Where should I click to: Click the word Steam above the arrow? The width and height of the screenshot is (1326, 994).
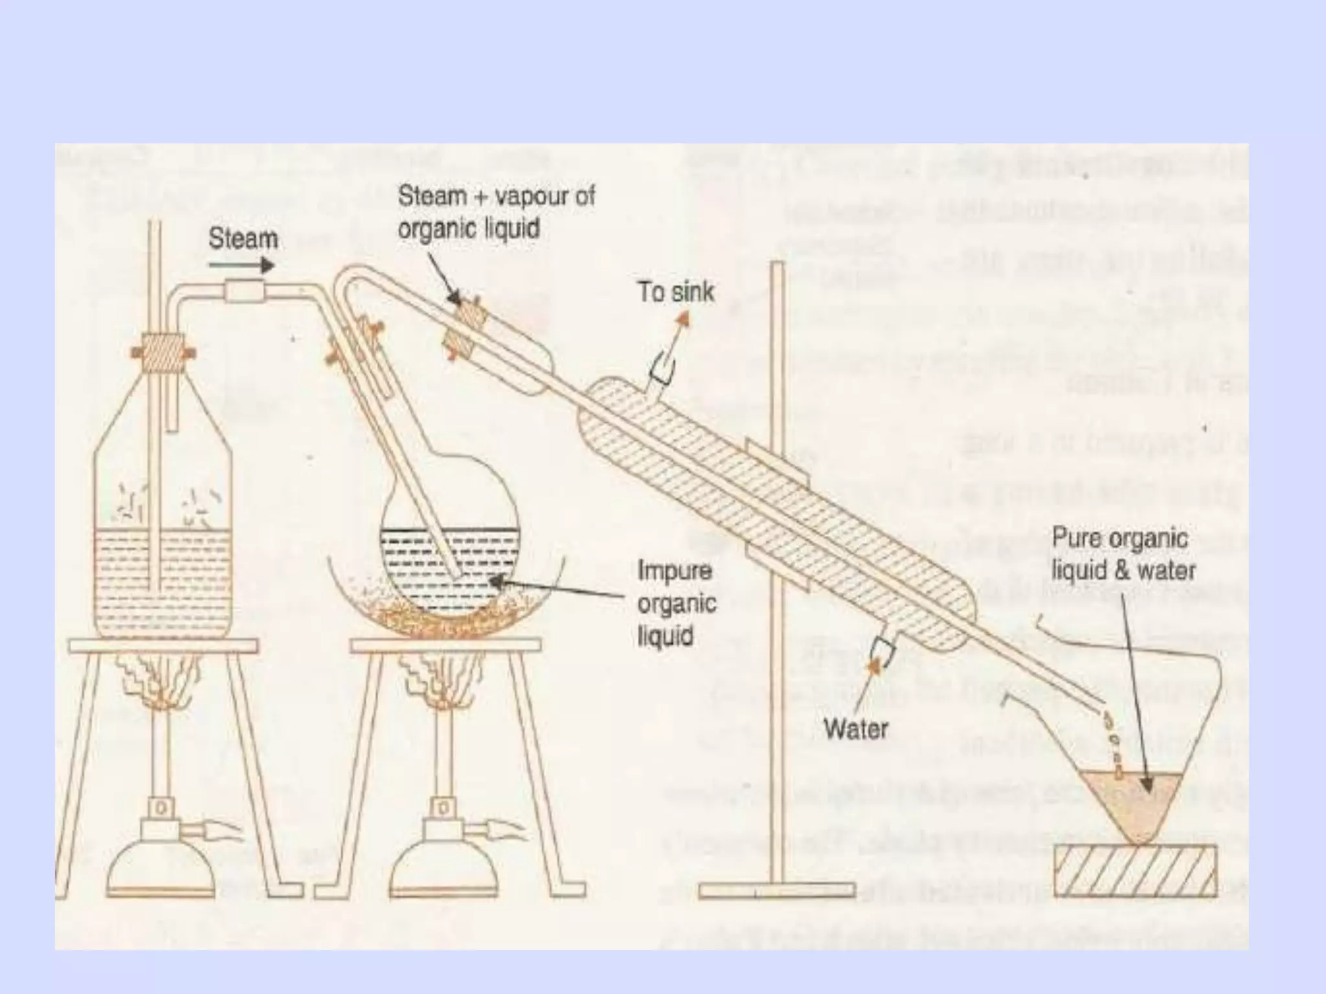click(243, 239)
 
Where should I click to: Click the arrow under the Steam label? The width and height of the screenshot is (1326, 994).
click(242, 265)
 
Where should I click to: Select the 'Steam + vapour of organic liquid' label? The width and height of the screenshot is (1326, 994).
click(495, 212)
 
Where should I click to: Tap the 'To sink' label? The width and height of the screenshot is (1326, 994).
click(675, 292)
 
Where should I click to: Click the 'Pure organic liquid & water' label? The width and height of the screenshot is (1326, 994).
click(1123, 555)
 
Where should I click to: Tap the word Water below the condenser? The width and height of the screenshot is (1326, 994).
click(855, 729)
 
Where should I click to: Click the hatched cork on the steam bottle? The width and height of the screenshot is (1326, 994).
click(163, 353)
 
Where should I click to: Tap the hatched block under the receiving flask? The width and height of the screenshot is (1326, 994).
click(1135, 870)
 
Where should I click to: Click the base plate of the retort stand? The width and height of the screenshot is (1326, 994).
click(777, 891)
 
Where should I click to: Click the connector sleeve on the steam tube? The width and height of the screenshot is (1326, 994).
click(244, 292)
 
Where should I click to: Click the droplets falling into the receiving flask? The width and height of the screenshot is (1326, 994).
click(1112, 741)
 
